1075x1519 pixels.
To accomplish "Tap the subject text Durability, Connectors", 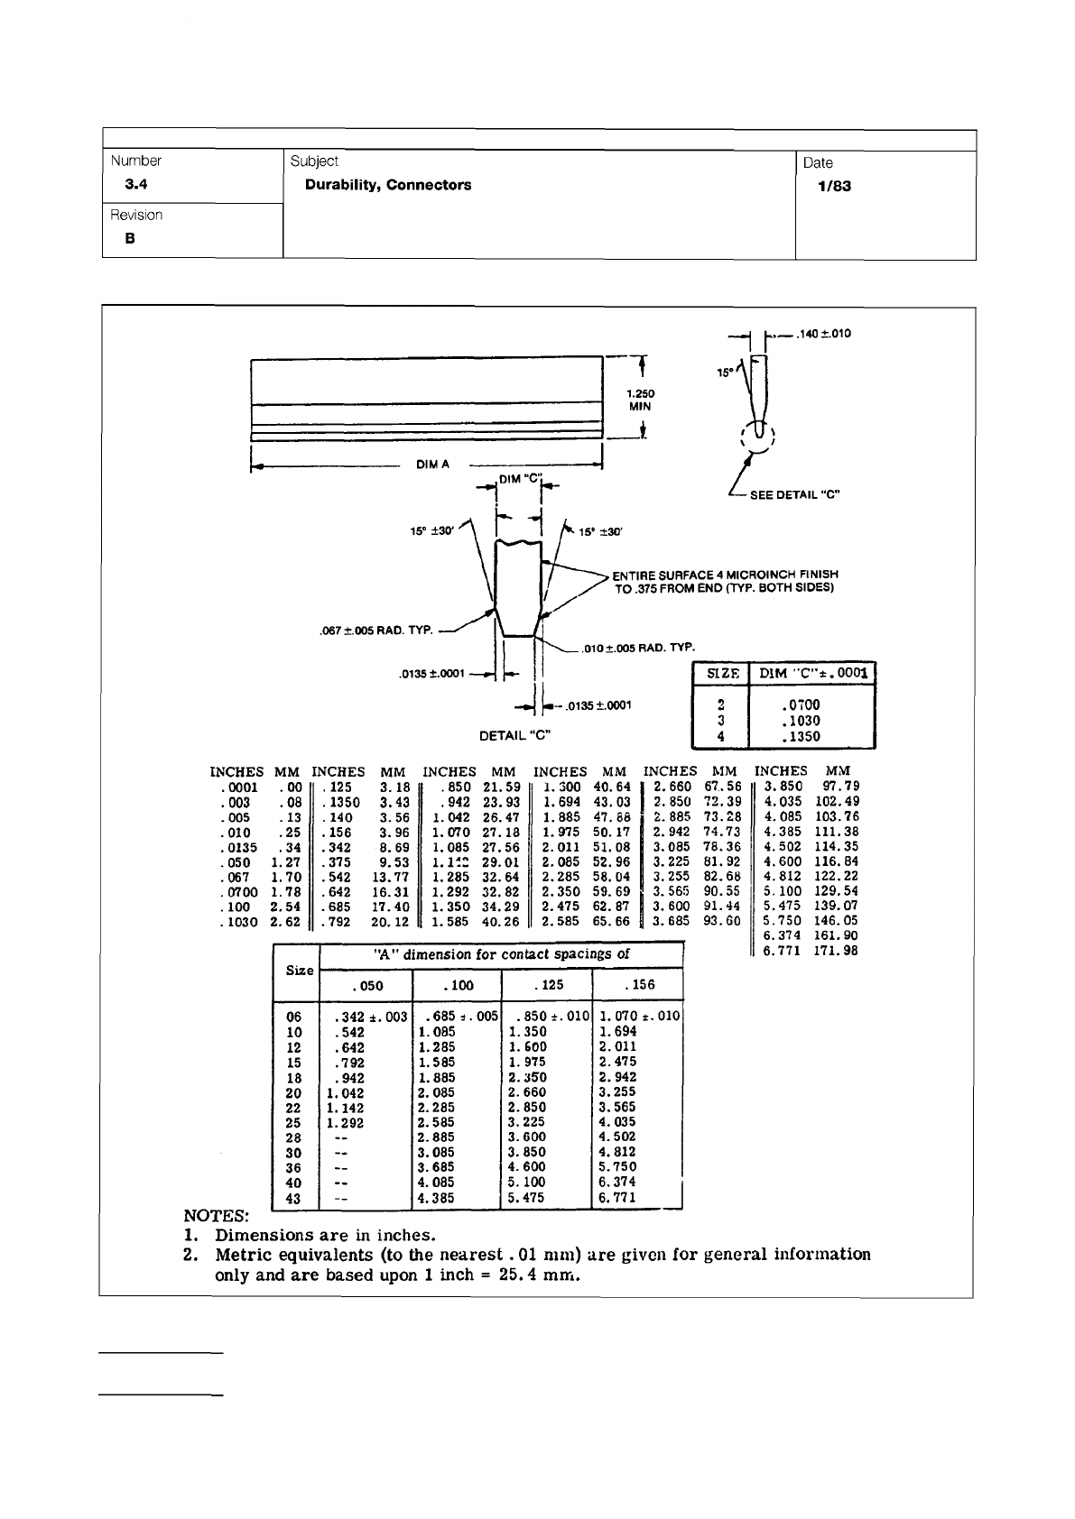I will (387, 185).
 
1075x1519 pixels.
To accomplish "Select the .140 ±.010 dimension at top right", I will (823, 334).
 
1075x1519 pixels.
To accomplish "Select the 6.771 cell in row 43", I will (617, 1198).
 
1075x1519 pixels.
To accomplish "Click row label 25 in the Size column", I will (293, 1123).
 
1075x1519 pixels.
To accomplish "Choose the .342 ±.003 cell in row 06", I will (370, 1017).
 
